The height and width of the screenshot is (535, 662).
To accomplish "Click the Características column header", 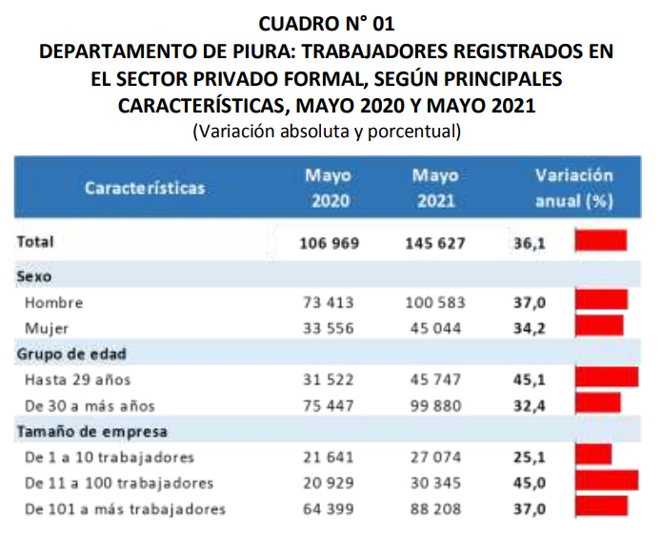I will coord(145,188).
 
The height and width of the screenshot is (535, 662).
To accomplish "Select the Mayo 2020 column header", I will coord(329,188).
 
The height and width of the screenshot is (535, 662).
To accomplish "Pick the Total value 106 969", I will coord(329,243).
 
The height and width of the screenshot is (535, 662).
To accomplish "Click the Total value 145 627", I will coord(435,243).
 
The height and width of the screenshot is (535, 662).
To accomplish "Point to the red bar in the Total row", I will coord(600,240).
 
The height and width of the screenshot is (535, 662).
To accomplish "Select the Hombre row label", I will coord(55,303).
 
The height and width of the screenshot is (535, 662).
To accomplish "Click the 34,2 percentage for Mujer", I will coord(530,328).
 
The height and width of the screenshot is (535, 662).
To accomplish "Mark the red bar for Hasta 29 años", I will coord(606,378).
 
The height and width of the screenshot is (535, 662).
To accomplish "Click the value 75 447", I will coord(329,405).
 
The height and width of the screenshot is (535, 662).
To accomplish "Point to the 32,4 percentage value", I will coord(530,405).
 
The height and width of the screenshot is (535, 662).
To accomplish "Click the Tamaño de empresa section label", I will coord(92,432).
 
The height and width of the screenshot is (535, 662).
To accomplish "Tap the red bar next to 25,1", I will coord(592,455).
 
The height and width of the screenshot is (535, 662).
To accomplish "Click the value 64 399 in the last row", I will coord(329,509).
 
